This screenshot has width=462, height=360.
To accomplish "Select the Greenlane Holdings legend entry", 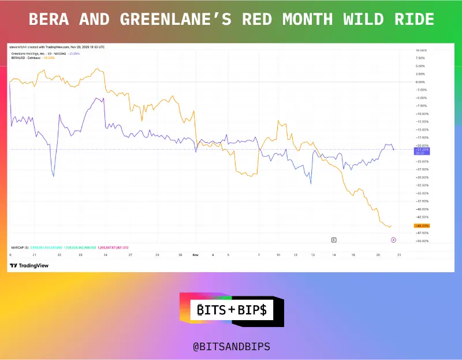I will [38, 53].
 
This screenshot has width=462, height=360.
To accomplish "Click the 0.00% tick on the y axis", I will [420, 82].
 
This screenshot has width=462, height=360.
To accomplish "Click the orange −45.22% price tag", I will [422, 225].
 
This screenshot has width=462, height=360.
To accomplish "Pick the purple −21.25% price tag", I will [422, 150].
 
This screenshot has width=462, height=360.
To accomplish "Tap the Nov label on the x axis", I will [196, 254].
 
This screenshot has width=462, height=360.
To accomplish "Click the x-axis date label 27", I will [131, 254].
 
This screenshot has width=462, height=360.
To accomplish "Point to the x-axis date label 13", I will [313, 254].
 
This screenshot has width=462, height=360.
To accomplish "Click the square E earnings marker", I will [333, 239].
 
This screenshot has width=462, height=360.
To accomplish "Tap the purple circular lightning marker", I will [393, 239].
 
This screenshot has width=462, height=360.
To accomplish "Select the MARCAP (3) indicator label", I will [20, 246].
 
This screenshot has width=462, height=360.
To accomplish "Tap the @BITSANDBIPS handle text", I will [231, 347].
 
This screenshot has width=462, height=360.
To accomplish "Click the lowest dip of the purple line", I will [53, 176].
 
